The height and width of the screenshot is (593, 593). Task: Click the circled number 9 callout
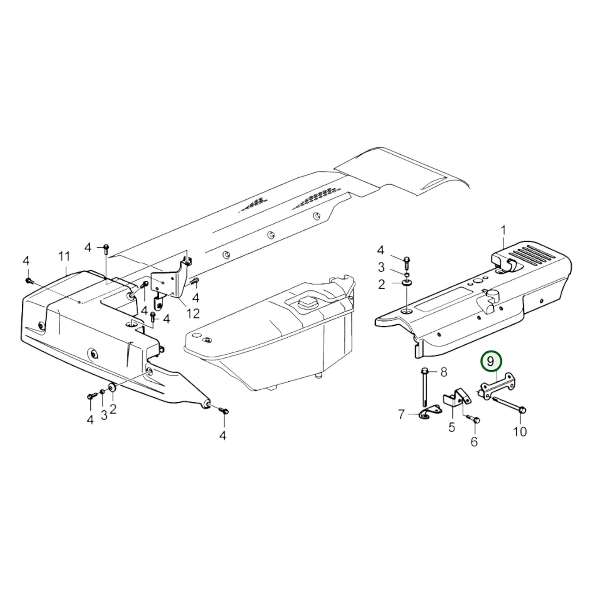[x=491, y=361]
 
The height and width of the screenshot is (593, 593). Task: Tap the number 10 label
[x=520, y=431]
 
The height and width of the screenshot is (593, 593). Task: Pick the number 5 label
[x=451, y=427]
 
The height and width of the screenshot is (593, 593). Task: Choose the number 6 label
[x=474, y=442]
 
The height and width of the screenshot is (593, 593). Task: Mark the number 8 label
[x=443, y=372]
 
